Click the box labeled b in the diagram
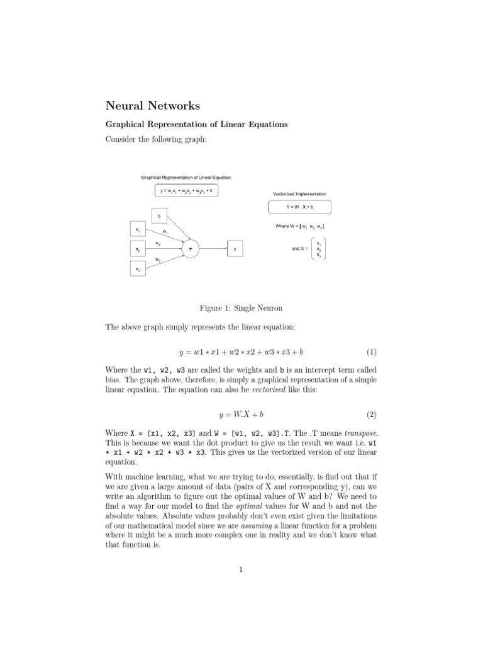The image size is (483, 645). point(159,216)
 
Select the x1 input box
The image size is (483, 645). point(137,231)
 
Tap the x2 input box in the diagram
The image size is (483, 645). point(137,249)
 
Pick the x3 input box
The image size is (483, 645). point(137,269)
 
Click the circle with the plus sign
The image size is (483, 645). point(191,249)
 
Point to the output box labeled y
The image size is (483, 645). point(235,249)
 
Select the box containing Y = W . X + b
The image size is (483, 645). point(299,207)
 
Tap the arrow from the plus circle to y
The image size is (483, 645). point(213,249)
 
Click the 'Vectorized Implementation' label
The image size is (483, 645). point(299,194)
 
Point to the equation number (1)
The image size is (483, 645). point(371,351)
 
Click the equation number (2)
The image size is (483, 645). point(371,414)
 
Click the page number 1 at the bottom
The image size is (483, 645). point(241,571)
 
